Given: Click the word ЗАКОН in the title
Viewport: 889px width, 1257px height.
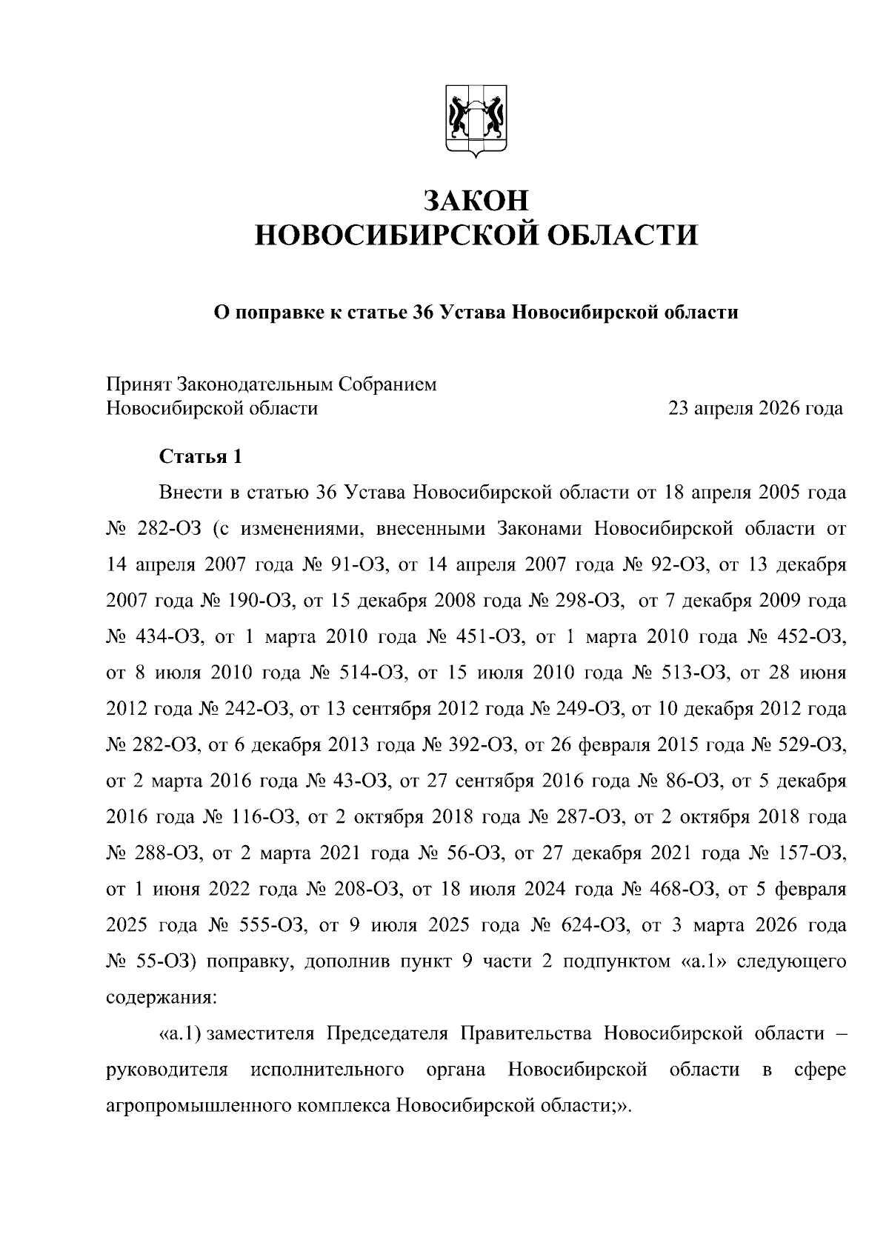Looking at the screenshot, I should (476, 200).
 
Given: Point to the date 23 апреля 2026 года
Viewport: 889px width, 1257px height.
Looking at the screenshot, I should (755, 408).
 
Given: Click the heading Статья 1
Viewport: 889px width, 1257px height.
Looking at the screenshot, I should (201, 456).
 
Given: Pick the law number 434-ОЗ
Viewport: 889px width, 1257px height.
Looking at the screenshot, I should (163, 636).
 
